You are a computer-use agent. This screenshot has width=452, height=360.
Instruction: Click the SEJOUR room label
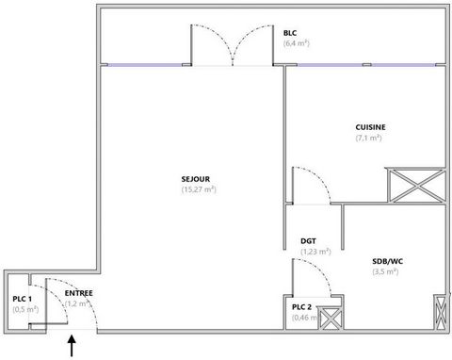point(195,179)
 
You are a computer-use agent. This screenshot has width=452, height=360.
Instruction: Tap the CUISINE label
point(370,127)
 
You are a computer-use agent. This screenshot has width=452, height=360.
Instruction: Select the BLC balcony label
point(290,33)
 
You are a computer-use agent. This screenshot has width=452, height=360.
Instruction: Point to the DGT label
point(308,241)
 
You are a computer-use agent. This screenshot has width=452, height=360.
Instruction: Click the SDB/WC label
point(388,261)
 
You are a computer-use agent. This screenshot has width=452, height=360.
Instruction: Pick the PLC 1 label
point(22,299)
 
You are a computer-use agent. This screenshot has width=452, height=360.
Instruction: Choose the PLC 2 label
point(301,307)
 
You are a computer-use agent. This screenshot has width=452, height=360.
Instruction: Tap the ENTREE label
point(79,293)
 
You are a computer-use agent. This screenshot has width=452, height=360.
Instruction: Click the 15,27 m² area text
point(199,189)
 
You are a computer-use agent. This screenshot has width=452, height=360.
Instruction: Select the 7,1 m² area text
point(368,138)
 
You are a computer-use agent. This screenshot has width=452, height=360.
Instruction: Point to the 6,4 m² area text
point(297,43)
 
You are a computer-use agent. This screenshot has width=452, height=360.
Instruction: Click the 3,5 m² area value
point(385,271)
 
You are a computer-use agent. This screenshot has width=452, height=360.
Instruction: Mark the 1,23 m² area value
point(315,252)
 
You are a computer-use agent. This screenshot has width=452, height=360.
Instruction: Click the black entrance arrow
point(72,346)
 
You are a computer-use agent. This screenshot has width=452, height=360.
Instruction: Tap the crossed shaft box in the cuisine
point(417,186)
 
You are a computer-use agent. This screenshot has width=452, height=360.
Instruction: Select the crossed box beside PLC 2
point(331,319)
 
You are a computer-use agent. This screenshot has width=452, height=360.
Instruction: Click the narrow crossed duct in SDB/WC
point(441,312)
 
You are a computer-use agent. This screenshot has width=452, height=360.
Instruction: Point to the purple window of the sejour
point(145,65)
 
